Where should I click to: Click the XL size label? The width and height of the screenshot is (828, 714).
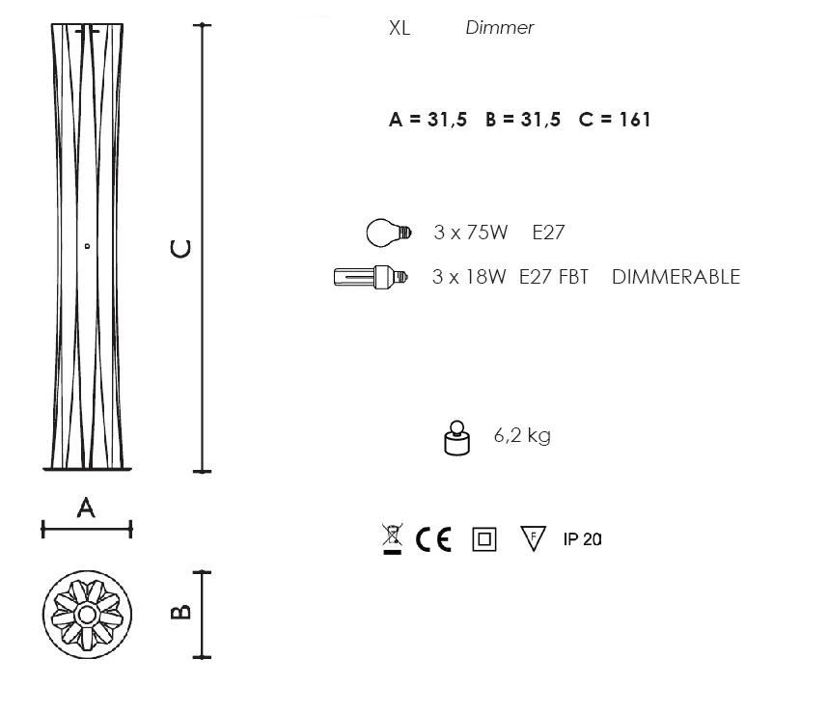[400, 27]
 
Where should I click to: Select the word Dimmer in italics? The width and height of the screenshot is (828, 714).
[500, 27]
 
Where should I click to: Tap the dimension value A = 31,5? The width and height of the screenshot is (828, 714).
[428, 120]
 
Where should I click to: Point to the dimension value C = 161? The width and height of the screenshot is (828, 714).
[614, 120]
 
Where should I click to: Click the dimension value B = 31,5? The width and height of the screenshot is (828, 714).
[523, 120]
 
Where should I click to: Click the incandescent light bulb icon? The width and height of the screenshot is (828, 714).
[388, 233]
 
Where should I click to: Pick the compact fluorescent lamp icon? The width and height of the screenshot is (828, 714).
[371, 277]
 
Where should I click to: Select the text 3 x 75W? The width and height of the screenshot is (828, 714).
[471, 233]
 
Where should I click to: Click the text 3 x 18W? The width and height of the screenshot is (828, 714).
[469, 277]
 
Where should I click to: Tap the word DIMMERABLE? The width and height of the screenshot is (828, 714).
[676, 277]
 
